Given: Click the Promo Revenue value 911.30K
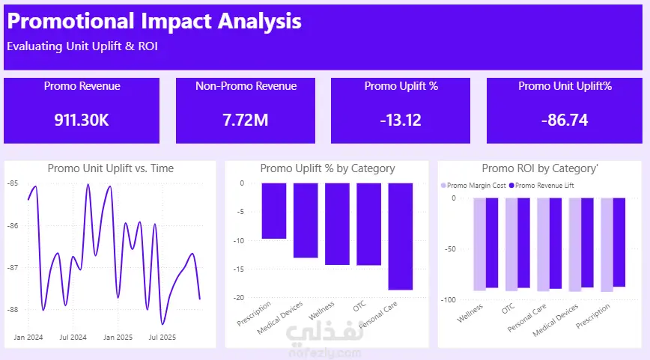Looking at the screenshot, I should tap(82, 119).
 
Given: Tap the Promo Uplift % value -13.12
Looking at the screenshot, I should tap(401, 119).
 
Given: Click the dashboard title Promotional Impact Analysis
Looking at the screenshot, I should tap(154, 21).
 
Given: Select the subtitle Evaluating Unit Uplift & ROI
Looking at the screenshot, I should tap(82, 46).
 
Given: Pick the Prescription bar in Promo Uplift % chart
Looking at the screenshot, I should tap(274, 210).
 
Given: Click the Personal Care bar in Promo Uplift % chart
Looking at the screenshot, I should tap(401, 236).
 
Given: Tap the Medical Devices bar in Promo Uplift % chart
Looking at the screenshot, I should tap(306, 220).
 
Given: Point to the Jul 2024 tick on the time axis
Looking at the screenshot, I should tap(73, 338).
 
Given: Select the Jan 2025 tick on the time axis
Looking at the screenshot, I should tap(118, 338).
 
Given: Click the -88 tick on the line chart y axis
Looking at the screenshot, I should tap(13, 309).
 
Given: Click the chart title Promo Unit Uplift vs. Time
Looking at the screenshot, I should tap(110, 168).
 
